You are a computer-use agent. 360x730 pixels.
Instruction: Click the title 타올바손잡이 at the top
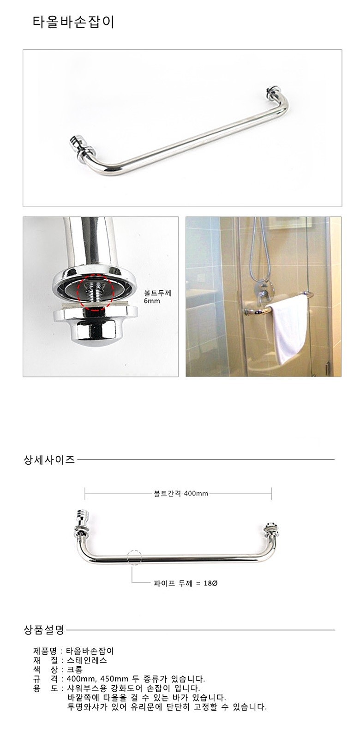[73, 22]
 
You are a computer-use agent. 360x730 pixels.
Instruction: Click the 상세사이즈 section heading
[49, 460]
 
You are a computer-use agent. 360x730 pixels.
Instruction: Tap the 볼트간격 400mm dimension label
[180, 493]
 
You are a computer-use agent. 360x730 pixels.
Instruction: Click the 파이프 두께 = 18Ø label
[185, 583]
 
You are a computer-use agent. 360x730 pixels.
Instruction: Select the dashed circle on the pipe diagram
[134, 557]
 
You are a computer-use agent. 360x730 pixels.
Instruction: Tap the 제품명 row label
[45, 651]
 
